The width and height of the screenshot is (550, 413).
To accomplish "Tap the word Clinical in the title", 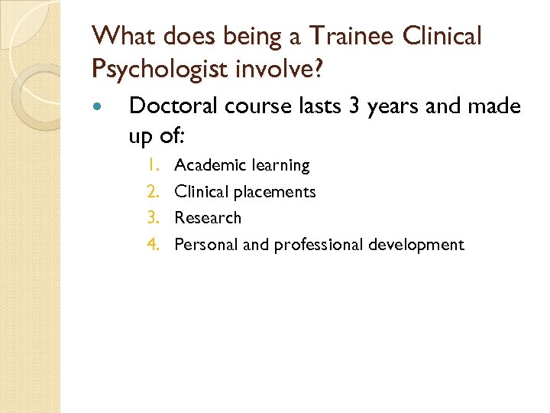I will click(x=445, y=36).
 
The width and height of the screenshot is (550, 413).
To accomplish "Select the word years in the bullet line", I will click(x=386, y=107).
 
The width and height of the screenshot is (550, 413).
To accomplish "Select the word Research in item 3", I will click(x=208, y=218).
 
